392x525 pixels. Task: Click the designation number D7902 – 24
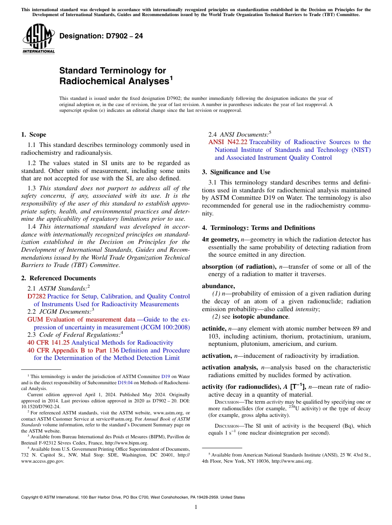pyautogui.click(x=101, y=36)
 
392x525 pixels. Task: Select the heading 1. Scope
pyautogui.click(x=34, y=135)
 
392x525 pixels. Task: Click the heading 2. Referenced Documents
pyautogui.click(x=59, y=278)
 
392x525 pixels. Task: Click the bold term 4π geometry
pyautogui.click(x=220, y=239)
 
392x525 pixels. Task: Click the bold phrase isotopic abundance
pyautogui.click(x=260, y=317)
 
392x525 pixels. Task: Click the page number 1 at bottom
pyautogui.click(x=196, y=507)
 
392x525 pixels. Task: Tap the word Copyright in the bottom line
pyautogui.click(x=31, y=497)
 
